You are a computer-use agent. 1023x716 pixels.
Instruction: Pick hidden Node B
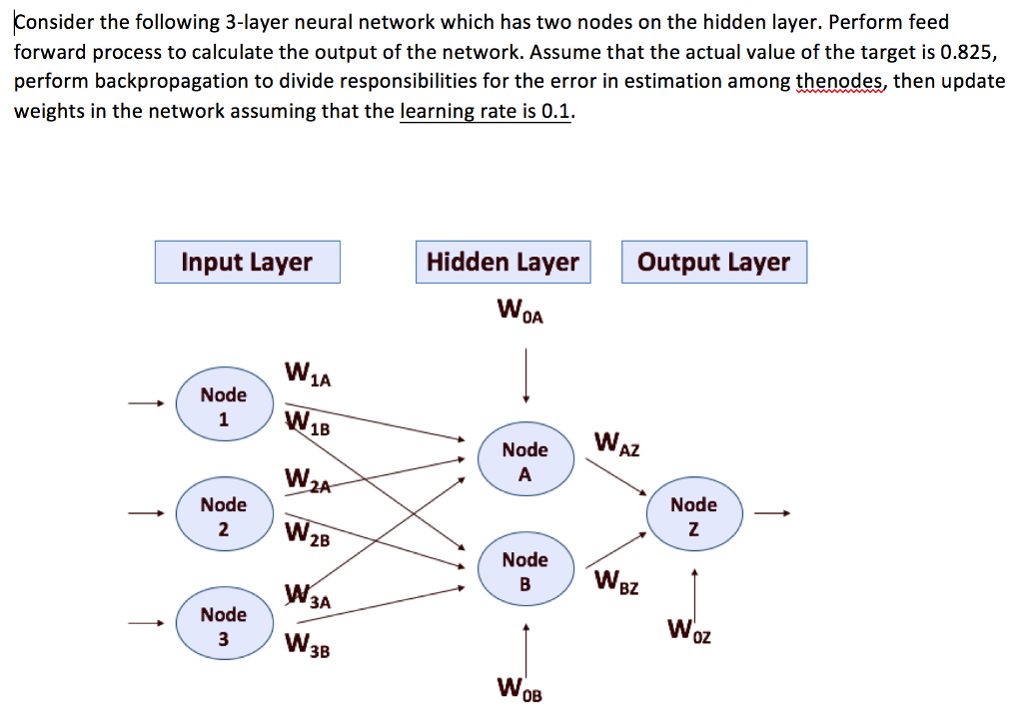[524, 570]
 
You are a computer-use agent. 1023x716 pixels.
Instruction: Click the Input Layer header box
[247, 263]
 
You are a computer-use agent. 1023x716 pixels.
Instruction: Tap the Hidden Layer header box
[503, 263]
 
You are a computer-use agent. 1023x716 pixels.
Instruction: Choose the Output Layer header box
[713, 263]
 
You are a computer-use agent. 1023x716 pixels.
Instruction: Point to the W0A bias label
[519, 313]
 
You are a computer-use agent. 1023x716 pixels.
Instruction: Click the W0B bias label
[518, 690]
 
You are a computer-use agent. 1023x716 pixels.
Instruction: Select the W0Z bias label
[690, 631]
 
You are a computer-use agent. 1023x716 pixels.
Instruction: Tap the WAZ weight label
[616, 442]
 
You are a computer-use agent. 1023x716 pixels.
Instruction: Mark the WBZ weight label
[616, 580]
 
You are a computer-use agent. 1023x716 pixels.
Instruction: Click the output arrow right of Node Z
[772, 514]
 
